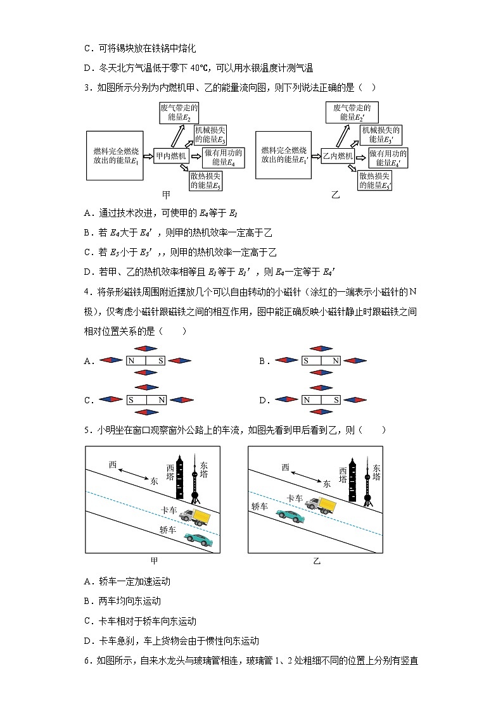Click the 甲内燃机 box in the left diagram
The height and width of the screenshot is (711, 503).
(x=171, y=156)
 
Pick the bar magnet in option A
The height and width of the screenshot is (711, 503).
(x=146, y=361)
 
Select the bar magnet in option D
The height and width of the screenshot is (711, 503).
(x=321, y=400)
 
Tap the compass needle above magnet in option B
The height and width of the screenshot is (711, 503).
(x=321, y=348)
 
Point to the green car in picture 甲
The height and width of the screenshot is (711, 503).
(x=198, y=539)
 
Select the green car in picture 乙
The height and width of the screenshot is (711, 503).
(x=289, y=517)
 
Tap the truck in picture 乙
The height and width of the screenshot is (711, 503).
(x=320, y=504)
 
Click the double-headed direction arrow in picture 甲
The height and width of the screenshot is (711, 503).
(x=136, y=473)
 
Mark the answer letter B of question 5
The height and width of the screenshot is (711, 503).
(x=87, y=601)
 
